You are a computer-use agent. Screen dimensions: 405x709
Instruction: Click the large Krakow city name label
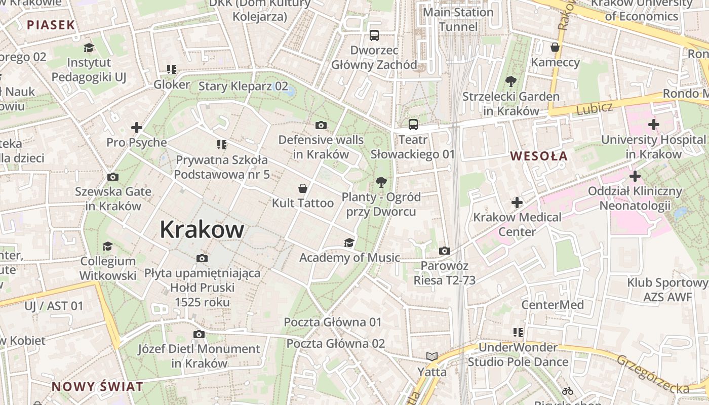[x=202, y=229]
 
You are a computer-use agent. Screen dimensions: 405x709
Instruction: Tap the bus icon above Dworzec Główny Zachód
[x=374, y=35]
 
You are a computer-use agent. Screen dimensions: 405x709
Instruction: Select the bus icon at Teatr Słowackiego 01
[x=413, y=124]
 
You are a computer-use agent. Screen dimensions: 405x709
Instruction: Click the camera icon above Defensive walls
[x=321, y=125]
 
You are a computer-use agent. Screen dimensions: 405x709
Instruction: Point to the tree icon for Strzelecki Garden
[x=510, y=81]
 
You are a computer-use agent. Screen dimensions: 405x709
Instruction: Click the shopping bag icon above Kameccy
[x=555, y=48]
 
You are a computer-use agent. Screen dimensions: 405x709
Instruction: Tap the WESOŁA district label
[x=539, y=156]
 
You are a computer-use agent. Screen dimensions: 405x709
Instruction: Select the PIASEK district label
[x=51, y=25]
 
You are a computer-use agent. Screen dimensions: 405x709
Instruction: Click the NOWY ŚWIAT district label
[x=97, y=387]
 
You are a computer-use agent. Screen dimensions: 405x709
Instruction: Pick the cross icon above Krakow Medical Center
[x=517, y=202]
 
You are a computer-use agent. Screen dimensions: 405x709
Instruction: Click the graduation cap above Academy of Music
[x=349, y=242]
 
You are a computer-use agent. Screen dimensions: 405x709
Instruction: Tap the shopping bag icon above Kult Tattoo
[x=302, y=188]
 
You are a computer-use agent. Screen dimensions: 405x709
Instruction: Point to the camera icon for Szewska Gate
[x=112, y=177]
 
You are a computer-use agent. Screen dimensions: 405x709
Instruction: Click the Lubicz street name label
[x=595, y=108]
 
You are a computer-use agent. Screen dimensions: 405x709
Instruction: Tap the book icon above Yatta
[x=431, y=357]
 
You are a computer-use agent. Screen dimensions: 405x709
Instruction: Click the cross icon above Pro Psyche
[x=136, y=128]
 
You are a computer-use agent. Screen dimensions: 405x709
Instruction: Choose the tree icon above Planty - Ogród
[x=381, y=182]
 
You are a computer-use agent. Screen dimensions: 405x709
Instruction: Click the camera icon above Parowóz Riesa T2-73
[x=444, y=251]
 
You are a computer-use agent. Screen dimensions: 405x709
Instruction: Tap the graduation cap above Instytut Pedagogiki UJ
[x=89, y=48]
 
